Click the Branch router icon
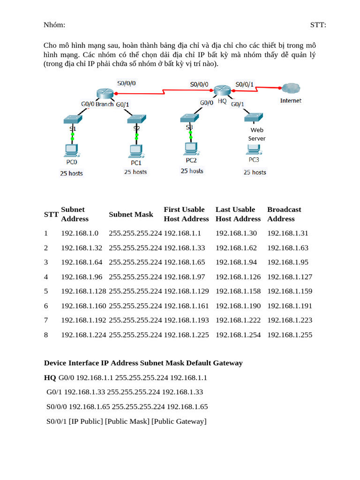[105, 93]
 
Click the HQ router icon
[221, 90]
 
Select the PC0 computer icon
[72, 151]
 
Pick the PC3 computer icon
[254, 149]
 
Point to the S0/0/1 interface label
[245, 84]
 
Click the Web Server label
[256, 134]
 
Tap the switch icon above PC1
[136, 119]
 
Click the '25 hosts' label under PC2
[192, 171]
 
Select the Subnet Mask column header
[131, 214]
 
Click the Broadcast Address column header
[284, 214]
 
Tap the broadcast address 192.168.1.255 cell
[290, 335]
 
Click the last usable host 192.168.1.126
[238, 277]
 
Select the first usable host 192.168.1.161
[186, 306]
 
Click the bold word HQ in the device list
[50, 377]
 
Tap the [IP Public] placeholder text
[86, 421]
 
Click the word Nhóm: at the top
[54, 25]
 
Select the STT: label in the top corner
[318, 25]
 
